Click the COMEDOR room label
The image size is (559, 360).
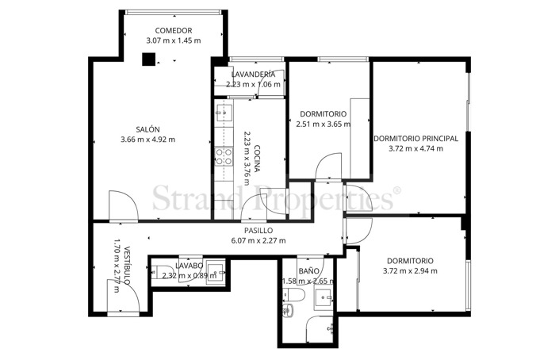[x=173, y=30]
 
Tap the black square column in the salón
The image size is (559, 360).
[x=148, y=58]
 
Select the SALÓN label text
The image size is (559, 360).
[x=147, y=129]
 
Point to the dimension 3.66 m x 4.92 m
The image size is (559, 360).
[x=147, y=140]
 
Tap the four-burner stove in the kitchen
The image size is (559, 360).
[x=224, y=155]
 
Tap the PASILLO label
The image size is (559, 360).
[x=258, y=231]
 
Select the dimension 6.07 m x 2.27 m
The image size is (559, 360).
[x=258, y=241]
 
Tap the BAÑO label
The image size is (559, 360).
[x=309, y=270]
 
